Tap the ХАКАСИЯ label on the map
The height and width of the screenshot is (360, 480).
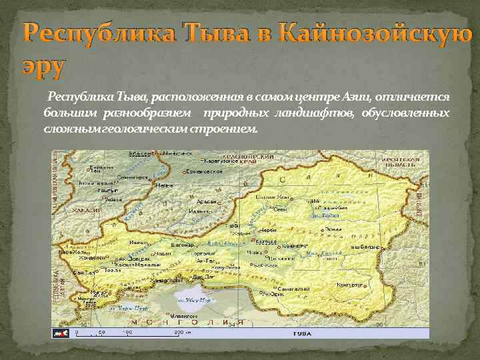point(87,211)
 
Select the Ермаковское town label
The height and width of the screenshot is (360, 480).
point(204,171)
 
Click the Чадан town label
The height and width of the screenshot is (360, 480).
point(143,254)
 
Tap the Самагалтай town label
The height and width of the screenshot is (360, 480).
point(296,289)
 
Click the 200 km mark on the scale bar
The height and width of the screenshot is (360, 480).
point(178,331)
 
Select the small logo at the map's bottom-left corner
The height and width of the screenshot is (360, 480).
point(61,332)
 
